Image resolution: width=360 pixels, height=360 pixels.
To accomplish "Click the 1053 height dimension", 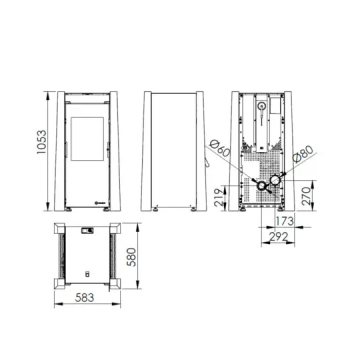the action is pos(42,142).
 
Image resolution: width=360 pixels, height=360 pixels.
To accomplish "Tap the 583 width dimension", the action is pos(84,297).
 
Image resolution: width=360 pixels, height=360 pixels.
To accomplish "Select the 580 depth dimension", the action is pos(132,257).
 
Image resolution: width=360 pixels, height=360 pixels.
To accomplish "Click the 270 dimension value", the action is pos(306,195).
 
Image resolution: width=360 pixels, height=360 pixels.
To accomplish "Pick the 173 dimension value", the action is pos(284,221).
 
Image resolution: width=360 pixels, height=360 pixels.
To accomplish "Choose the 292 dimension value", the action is pos(278,237).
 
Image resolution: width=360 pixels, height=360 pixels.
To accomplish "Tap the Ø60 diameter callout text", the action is pos(220,149).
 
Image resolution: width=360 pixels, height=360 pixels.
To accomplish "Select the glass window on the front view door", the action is pos(87,138).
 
